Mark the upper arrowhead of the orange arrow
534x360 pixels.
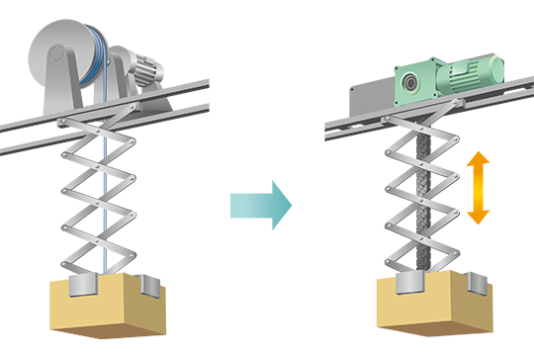(479, 158)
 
